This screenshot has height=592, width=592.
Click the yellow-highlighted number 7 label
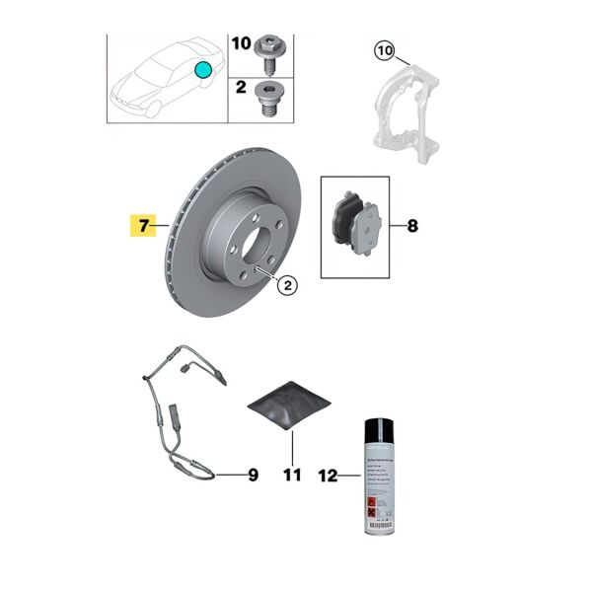coord(143,227)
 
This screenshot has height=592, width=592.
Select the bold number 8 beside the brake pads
coord(411,227)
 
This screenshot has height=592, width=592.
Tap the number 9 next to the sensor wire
coord(253,476)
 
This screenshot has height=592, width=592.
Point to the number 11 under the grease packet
coord(290,476)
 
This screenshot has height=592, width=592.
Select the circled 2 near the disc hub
coord(286,286)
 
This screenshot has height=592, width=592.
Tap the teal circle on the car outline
coord(203,69)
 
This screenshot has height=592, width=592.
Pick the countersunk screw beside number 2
coord(269,96)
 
